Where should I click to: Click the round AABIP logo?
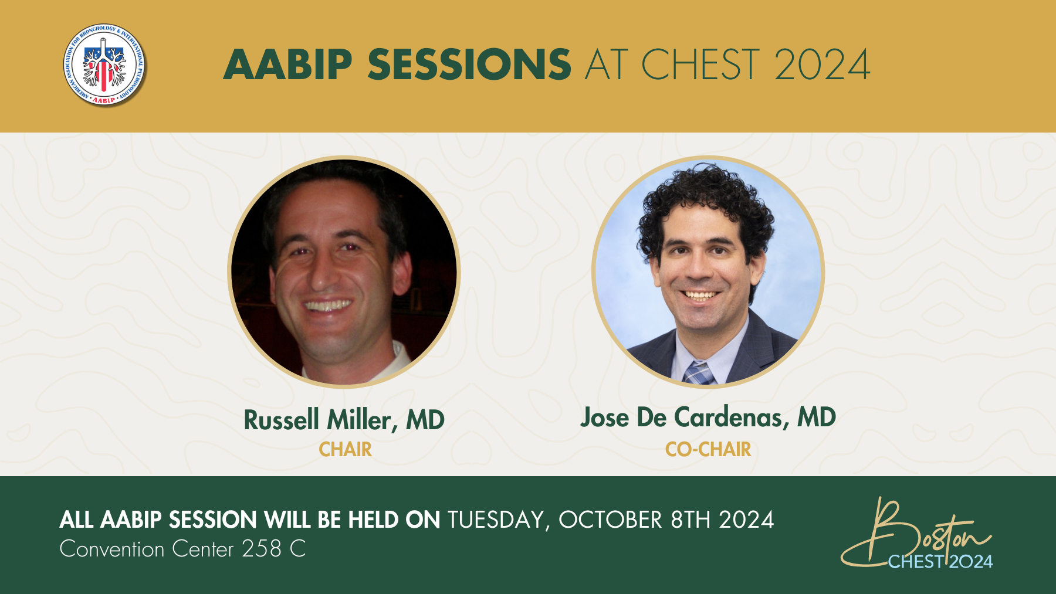click(104, 65)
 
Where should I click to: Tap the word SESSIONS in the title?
click(469, 65)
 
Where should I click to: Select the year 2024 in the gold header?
click(822, 65)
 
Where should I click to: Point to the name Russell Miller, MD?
click(344, 420)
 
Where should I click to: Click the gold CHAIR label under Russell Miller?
click(345, 449)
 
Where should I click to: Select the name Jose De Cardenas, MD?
click(708, 417)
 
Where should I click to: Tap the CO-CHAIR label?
click(708, 449)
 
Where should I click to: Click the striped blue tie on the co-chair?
click(698, 374)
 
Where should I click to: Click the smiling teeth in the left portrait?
click(327, 306)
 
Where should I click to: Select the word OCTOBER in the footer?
click(610, 520)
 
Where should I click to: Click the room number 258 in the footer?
click(262, 549)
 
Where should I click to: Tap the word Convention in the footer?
click(112, 549)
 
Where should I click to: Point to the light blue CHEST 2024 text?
click(940, 562)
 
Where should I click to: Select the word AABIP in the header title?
click(288, 65)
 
